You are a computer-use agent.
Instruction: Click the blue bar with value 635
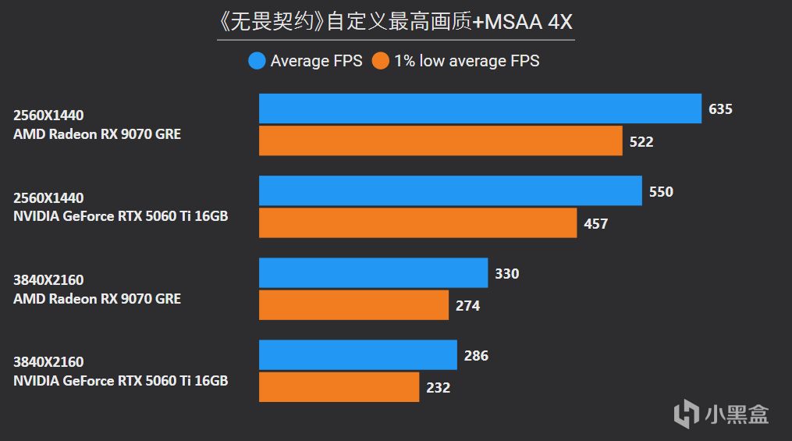point(480,108)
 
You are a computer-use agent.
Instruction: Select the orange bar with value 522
point(440,141)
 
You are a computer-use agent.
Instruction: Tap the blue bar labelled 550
point(450,190)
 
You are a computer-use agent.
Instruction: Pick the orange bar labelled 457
point(417,223)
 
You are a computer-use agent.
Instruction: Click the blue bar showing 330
point(373,273)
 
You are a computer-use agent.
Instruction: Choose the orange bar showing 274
point(353,305)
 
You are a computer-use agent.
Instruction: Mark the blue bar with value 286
point(357,355)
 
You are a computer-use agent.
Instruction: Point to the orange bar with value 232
point(339,387)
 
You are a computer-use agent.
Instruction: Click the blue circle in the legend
point(257,61)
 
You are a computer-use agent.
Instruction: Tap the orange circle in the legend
point(381,61)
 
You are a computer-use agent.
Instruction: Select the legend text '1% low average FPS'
point(467,61)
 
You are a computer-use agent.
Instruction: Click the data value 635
point(720,109)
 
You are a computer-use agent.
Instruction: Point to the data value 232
point(438,387)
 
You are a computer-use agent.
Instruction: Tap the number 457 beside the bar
point(595,224)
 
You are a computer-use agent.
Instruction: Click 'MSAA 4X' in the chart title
point(529,22)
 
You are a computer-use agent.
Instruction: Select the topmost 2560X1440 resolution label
point(48,116)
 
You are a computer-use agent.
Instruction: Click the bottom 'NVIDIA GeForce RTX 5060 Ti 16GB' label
point(120,380)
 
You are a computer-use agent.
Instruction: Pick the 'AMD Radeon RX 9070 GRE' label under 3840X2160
point(97,298)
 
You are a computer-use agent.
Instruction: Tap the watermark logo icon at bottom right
point(687,411)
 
